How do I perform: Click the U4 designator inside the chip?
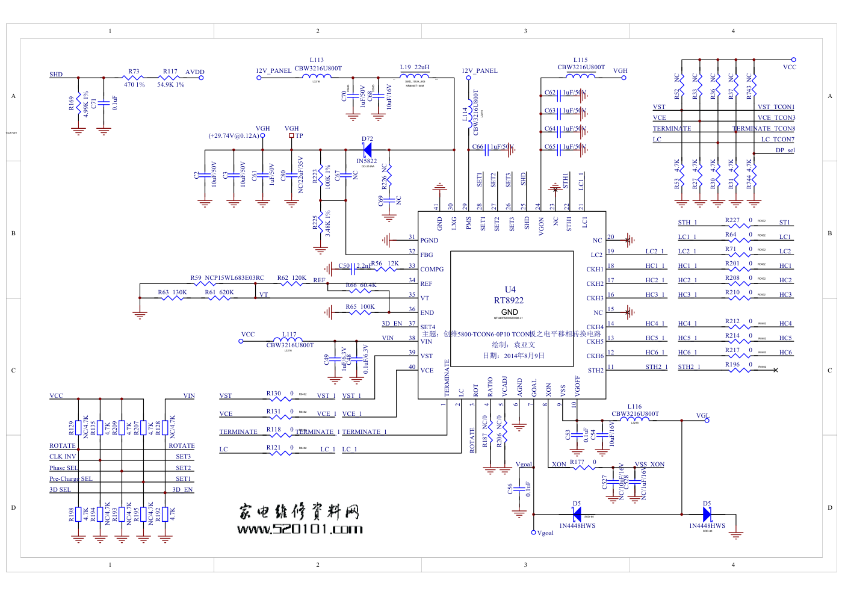pyautogui.click(x=510, y=289)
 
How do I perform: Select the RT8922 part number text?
pyautogui.click(x=509, y=300)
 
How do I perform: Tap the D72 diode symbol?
pyautogui.click(x=367, y=150)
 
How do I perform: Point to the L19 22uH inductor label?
pyautogui.click(x=415, y=67)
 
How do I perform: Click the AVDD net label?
pyautogui.click(x=194, y=72)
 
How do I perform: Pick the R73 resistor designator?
pyautogui.click(x=134, y=71)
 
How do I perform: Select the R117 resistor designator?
pyautogui.click(x=170, y=71)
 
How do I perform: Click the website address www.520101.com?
pyautogui.click(x=300, y=529)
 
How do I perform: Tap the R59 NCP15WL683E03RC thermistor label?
pyautogui.click(x=227, y=278)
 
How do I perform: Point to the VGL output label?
pyautogui.click(x=702, y=415)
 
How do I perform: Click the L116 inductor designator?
pyautogui.click(x=634, y=407)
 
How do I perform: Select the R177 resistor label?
pyautogui.click(x=577, y=462)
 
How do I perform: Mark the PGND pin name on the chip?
pyautogui.click(x=429, y=240)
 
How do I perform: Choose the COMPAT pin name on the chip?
pyautogui.click(x=432, y=269)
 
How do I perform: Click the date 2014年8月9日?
pyautogui.click(x=513, y=356)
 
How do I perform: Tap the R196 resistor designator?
pyautogui.click(x=732, y=364)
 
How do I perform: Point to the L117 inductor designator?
pyautogui.click(x=289, y=334)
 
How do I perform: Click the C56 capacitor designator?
pyautogui.click(x=510, y=489)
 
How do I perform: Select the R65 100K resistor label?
pyautogui.click(x=360, y=307)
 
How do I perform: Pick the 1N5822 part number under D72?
pyautogui.click(x=367, y=161)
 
